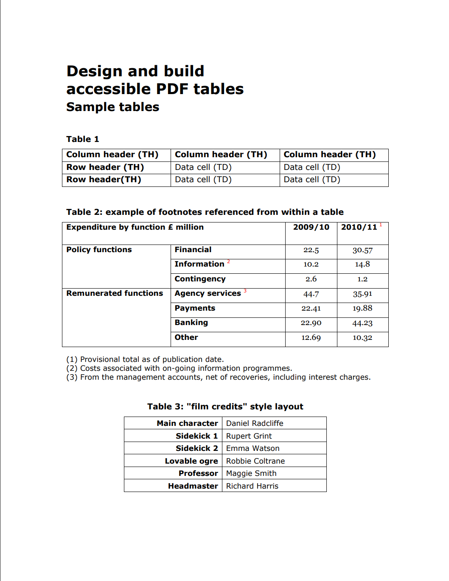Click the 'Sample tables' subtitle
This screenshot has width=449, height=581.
click(x=112, y=107)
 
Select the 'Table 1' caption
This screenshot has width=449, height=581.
click(x=82, y=139)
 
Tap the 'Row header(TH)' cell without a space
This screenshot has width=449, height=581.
click(x=104, y=180)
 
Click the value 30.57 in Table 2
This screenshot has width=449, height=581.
click(x=362, y=250)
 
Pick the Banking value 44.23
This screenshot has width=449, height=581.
click(x=362, y=323)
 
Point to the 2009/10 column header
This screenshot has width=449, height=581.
click(x=311, y=227)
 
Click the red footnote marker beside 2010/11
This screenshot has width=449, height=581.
click(x=381, y=225)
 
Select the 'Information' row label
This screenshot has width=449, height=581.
click(x=199, y=264)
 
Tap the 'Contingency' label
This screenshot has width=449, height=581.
click(x=200, y=279)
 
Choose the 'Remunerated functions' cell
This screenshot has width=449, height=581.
click(x=115, y=293)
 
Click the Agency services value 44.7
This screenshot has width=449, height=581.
click(x=311, y=294)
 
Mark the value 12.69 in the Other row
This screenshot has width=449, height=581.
click(x=311, y=338)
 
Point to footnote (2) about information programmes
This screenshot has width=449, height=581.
click(x=179, y=368)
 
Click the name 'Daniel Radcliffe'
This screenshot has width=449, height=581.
click(x=255, y=423)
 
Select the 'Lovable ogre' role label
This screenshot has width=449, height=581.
click(x=191, y=461)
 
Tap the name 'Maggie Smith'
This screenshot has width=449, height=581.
click(x=251, y=473)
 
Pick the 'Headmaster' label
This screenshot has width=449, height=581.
click(x=193, y=486)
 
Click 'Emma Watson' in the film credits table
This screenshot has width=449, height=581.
click(x=253, y=448)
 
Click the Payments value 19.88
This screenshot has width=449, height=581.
click(x=362, y=309)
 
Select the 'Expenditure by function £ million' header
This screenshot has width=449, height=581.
click(x=135, y=227)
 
